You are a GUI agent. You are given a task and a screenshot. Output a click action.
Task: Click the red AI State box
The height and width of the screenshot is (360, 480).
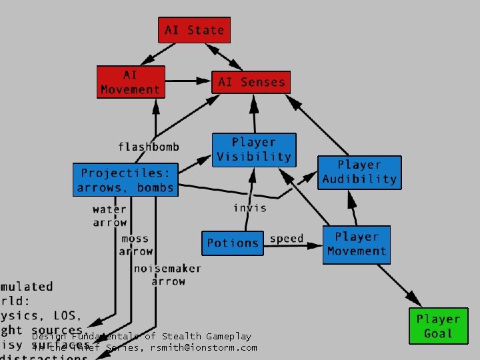tap(194, 31)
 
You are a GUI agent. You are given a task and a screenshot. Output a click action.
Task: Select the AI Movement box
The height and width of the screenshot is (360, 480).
tap(131, 82)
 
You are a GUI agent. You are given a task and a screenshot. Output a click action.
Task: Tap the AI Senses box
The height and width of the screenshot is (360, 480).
tap(251, 83)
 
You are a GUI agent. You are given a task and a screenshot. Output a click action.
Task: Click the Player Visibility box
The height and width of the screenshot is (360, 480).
tap(253, 150)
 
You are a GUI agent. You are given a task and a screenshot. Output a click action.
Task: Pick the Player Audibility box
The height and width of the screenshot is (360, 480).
tap(359, 172)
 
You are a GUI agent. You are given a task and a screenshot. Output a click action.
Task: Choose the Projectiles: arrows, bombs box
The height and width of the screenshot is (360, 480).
tap(126, 180)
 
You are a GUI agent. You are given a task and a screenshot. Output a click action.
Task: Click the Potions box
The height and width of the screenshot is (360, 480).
tap(233, 243)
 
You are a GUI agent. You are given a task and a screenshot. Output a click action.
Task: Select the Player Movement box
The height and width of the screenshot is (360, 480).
tap(356, 244)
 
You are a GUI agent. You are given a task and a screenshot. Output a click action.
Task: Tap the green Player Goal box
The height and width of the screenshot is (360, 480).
tap(438, 327)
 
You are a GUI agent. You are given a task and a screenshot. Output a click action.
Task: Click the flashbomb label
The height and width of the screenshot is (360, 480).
tap(148, 147)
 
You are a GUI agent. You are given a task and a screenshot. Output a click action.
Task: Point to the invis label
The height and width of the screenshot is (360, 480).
tap(249, 208)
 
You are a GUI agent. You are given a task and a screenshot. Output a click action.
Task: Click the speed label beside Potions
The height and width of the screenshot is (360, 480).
tap(287, 239)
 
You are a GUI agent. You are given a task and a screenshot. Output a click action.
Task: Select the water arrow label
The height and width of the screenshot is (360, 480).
tap(109, 216)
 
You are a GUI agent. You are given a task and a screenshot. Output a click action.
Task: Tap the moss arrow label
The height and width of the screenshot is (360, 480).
tap(136, 245)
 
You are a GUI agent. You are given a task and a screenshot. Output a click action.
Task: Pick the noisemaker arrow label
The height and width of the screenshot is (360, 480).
tap(167, 275)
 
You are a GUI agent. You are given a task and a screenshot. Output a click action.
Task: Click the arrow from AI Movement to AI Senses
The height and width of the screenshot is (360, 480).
tap(188, 81)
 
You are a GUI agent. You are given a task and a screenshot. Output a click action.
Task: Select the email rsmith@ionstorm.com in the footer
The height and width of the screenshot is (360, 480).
tap(203, 347)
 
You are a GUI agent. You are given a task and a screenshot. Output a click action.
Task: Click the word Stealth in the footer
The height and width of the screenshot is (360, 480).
tap(181, 337)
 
